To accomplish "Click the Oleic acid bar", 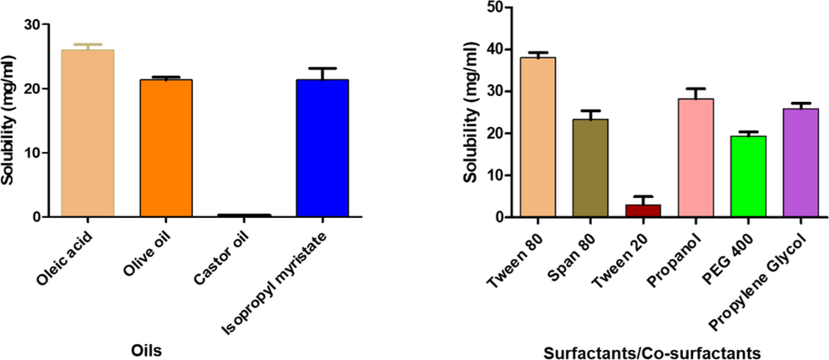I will (x=88, y=134).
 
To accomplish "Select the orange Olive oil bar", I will (x=166, y=148).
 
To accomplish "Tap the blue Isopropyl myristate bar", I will (x=321, y=148).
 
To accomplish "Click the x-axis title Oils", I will (x=146, y=350).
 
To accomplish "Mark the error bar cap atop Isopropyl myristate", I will (x=321, y=68).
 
